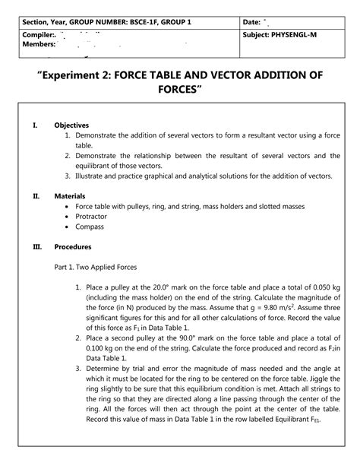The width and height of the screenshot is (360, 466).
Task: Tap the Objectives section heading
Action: point(72,125)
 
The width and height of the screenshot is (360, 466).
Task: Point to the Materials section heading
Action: point(70,195)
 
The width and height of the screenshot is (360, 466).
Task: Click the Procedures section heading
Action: point(73,246)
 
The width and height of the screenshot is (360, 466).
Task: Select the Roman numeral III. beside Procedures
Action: point(36,246)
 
